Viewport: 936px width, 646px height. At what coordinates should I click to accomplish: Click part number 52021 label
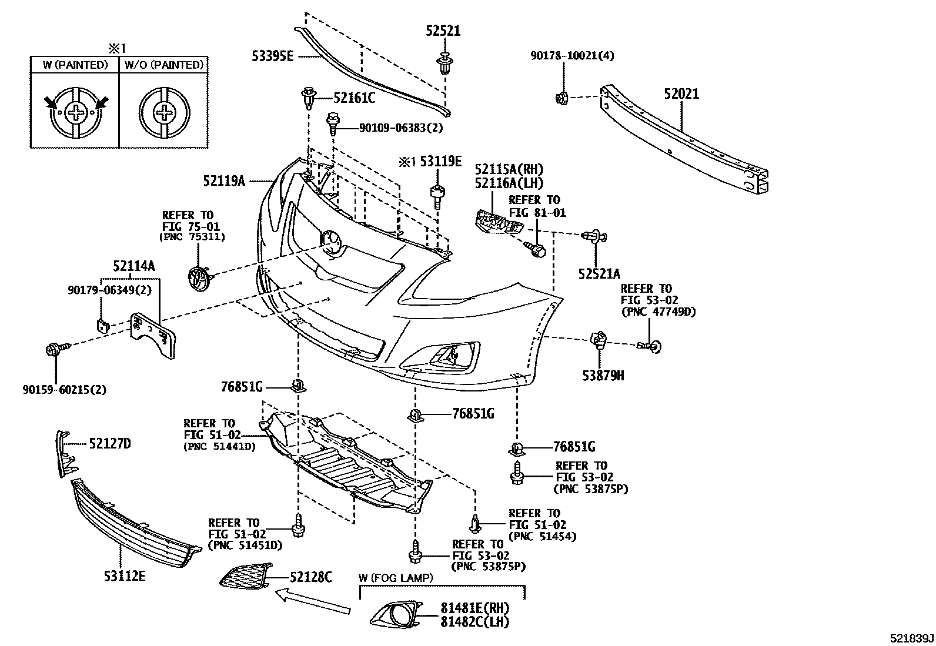(681, 94)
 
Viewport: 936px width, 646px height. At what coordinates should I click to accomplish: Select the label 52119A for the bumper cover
(224, 181)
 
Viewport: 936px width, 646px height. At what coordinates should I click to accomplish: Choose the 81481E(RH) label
(475, 608)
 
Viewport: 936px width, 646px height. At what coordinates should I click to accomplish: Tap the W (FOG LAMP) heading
(396, 578)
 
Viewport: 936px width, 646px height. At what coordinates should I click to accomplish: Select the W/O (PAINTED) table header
(163, 65)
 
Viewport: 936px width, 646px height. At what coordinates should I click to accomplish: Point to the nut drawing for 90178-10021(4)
(561, 98)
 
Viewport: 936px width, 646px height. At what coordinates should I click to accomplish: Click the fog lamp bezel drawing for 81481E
(396, 615)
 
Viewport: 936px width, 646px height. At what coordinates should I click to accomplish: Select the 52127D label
(109, 444)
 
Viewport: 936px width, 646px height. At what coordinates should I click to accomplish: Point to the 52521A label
(599, 273)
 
